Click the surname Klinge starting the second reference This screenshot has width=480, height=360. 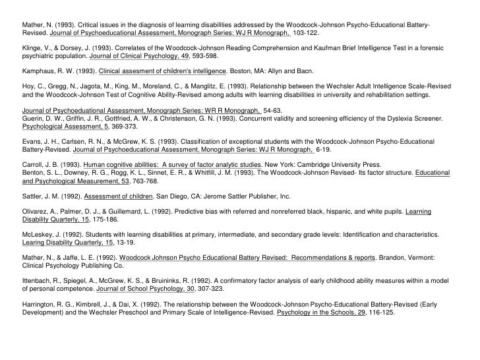[x=32, y=48]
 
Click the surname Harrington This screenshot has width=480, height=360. [x=40, y=305]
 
